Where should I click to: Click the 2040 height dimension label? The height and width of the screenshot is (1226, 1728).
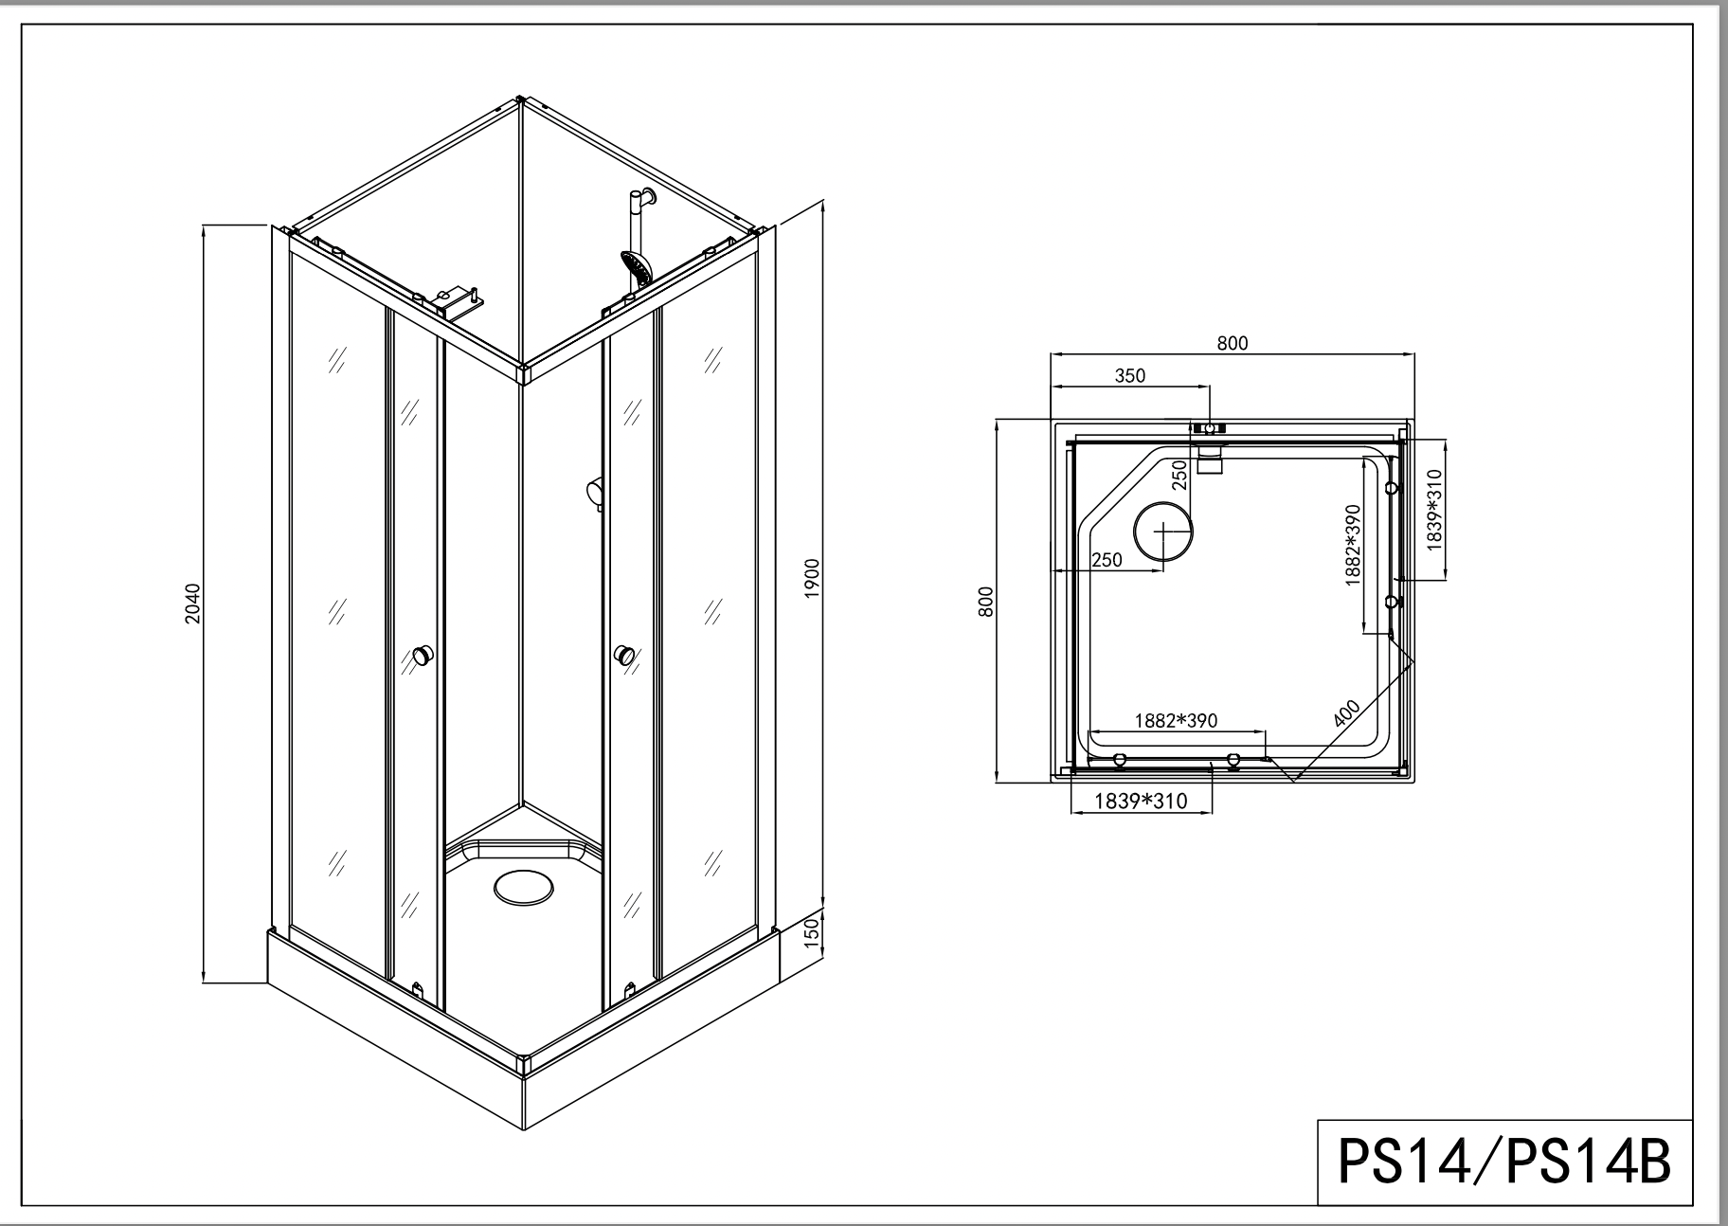point(192,604)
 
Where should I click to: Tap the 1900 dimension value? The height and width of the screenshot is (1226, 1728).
point(811,578)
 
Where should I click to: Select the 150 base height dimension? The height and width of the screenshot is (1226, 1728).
point(811,932)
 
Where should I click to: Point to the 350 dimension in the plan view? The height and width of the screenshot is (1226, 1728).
point(1129,375)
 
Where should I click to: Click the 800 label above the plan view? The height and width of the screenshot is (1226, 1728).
point(1232,343)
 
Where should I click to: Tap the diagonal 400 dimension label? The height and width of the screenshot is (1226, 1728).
point(1346,712)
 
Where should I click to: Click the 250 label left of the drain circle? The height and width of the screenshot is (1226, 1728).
point(1107,559)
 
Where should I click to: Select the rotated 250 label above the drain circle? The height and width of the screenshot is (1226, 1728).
point(1179,475)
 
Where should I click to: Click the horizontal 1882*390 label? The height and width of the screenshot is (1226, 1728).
point(1176,720)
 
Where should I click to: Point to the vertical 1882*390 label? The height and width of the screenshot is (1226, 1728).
point(1353,545)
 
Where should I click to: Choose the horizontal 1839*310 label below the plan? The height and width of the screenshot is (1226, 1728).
point(1141,802)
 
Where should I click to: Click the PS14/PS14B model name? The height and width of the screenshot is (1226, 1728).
point(1503,1162)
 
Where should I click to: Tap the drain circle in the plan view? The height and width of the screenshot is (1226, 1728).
point(1163,532)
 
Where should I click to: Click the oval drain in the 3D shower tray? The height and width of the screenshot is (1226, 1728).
point(522,889)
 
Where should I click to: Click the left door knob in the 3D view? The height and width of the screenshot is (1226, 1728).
point(423,655)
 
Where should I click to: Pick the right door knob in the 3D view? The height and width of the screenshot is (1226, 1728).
point(623,655)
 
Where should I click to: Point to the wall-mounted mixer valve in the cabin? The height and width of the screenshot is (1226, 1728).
point(594,492)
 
